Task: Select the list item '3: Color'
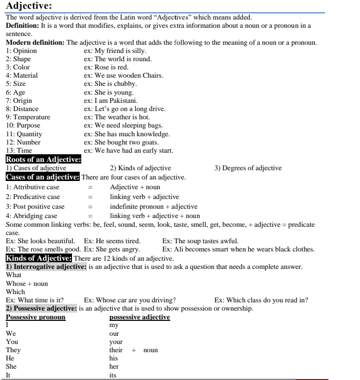17,67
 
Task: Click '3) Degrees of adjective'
248,168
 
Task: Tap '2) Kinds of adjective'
140,168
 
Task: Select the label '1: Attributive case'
32,187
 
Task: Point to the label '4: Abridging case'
31,216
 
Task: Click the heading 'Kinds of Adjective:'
38,258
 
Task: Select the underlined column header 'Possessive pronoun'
35,317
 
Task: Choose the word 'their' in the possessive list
116,350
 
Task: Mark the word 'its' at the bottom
113,375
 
